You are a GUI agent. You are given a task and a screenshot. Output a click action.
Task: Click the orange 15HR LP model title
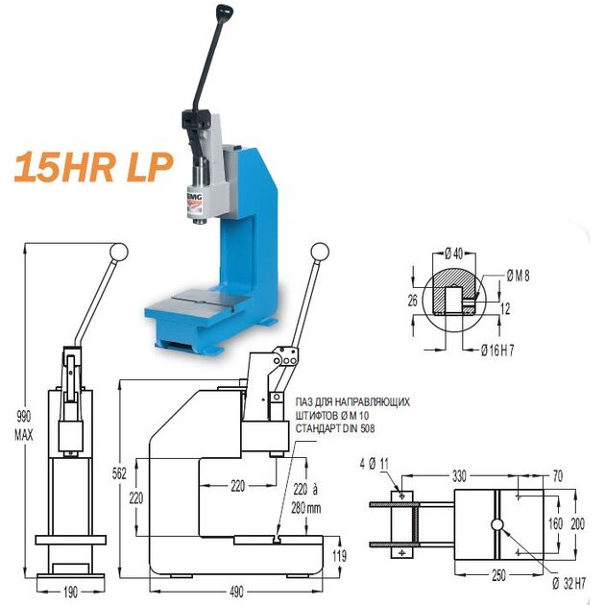pyautogui.click(x=92, y=167)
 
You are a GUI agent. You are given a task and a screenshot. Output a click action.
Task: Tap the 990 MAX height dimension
pyautogui.click(x=24, y=425)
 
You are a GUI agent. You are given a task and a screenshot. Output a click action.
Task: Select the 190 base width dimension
pyautogui.click(x=71, y=592)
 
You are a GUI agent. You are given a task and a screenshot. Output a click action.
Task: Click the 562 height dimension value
pyautogui.click(x=119, y=473)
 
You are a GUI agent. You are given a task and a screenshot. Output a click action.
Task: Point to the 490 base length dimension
pyautogui.click(x=236, y=592)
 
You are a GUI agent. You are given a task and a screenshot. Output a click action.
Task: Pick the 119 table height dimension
pyautogui.click(x=340, y=556)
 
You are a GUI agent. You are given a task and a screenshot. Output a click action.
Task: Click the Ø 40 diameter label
pyautogui.click(x=453, y=254)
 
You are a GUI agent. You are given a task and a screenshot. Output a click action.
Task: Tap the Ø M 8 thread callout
pyautogui.click(x=519, y=276)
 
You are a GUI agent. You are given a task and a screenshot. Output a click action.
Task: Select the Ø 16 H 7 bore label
pyautogui.click(x=497, y=350)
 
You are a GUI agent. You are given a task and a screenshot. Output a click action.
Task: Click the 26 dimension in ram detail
pyautogui.click(x=413, y=301)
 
